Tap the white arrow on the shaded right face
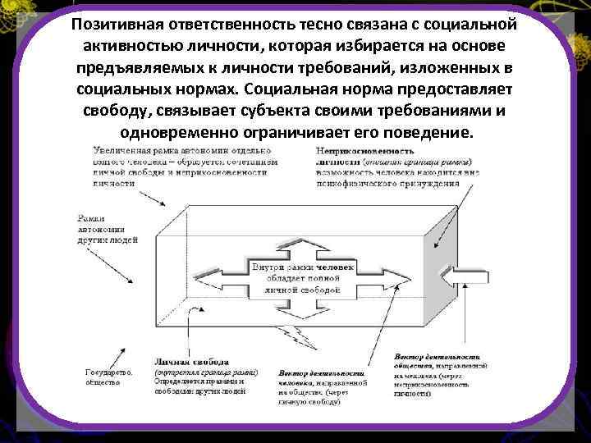(x=456, y=281)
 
